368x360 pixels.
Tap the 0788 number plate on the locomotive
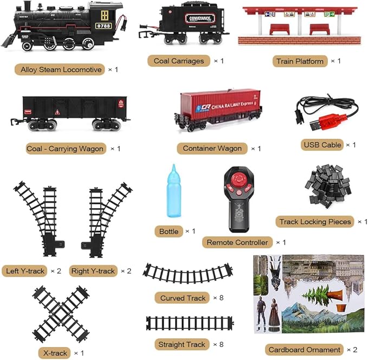(104, 25)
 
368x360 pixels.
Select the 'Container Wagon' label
(212, 148)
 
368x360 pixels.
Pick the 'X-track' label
(55, 353)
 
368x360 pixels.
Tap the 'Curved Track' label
(183, 298)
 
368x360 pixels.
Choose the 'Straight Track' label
(182, 344)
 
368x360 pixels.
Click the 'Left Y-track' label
(24, 271)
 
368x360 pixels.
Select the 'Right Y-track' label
(93, 271)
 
